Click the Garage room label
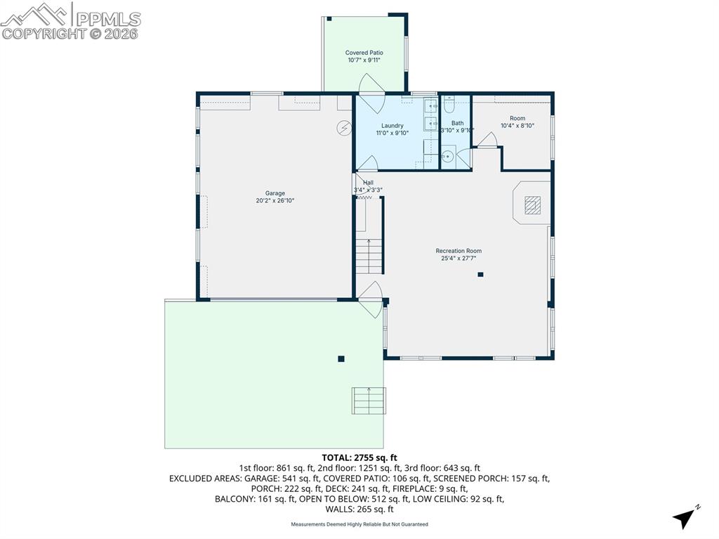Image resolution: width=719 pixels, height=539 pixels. (x=275, y=193)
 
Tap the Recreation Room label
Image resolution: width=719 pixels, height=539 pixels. (x=459, y=251)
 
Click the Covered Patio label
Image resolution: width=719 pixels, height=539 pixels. (x=364, y=53)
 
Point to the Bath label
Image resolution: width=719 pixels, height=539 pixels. (x=457, y=123)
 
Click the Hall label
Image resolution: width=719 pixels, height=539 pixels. (x=368, y=183)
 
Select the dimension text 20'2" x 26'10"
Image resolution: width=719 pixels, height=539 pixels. (x=275, y=201)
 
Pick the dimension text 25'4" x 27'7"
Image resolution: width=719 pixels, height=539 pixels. (x=459, y=259)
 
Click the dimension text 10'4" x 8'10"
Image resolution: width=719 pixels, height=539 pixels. (x=517, y=126)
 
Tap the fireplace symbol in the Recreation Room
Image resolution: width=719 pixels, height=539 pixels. (x=533, y=203)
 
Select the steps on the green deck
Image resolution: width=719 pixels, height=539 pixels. (x=369, y=400)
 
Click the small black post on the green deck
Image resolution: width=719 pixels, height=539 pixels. (x=341, y=358)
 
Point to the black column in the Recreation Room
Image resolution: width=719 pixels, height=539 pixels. (x=480, y=275)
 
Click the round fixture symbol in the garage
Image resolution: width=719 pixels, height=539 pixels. (x=343, y=128)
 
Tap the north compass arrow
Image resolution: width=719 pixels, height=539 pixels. (x=685, y=518)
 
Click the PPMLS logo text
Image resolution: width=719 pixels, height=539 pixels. (x=107, y=19)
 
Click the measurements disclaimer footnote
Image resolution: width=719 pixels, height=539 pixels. (x=359, y=524)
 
